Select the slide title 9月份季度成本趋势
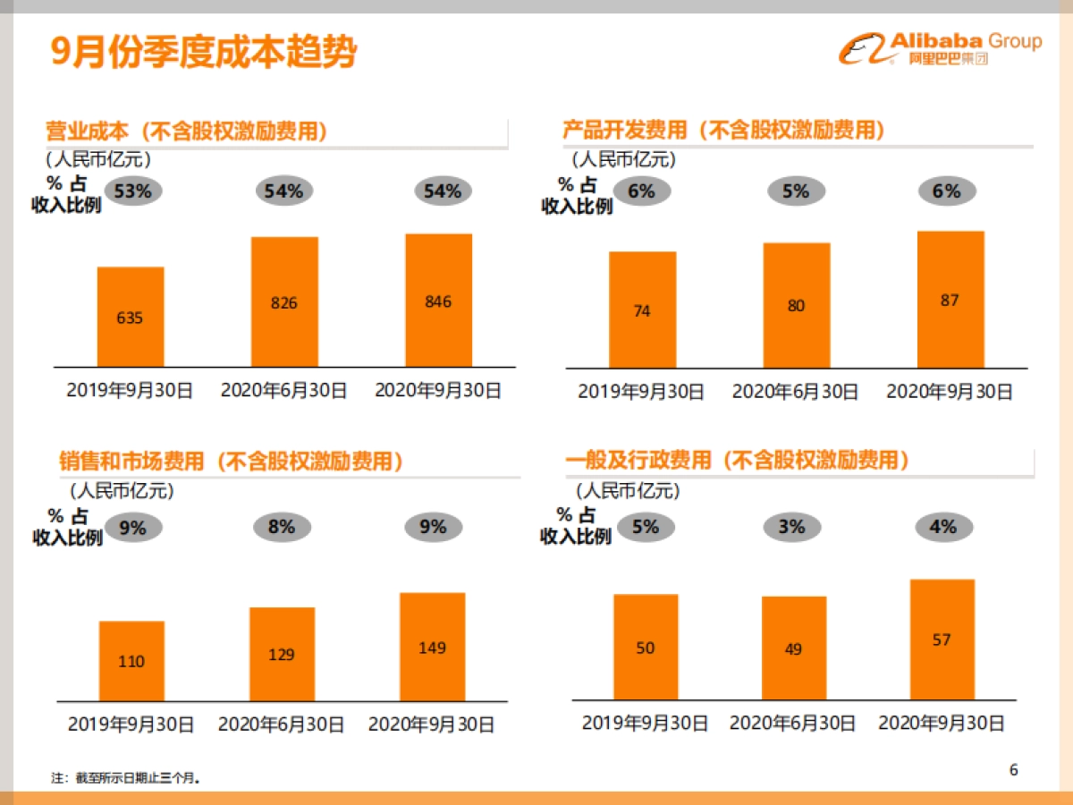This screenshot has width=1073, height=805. point(204,53)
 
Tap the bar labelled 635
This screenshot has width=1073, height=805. point(131,317)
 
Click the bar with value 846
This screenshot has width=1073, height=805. point(438,301)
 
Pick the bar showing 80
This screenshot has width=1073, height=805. point(796,305)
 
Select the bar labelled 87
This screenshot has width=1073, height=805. point(950,300)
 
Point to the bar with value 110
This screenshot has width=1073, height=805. point(131,661)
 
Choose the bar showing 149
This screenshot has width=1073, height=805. point(432,647)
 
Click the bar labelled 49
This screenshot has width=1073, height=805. point(793,648)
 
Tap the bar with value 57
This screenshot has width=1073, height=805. point(942,640)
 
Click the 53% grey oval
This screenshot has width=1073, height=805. point(133,191)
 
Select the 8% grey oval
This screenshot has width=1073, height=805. point(281,527)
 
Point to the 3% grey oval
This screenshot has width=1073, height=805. point(792,527)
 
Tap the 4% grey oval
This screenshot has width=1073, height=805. point(942,527)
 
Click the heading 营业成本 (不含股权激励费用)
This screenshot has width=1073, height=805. point(187,131)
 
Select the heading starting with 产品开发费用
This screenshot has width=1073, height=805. point(724,130)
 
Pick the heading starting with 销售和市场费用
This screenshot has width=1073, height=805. point(231,462)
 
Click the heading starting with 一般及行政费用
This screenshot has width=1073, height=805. point(738,461)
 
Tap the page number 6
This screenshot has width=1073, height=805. point(1013,770)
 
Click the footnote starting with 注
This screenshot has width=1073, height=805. point(125,778)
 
